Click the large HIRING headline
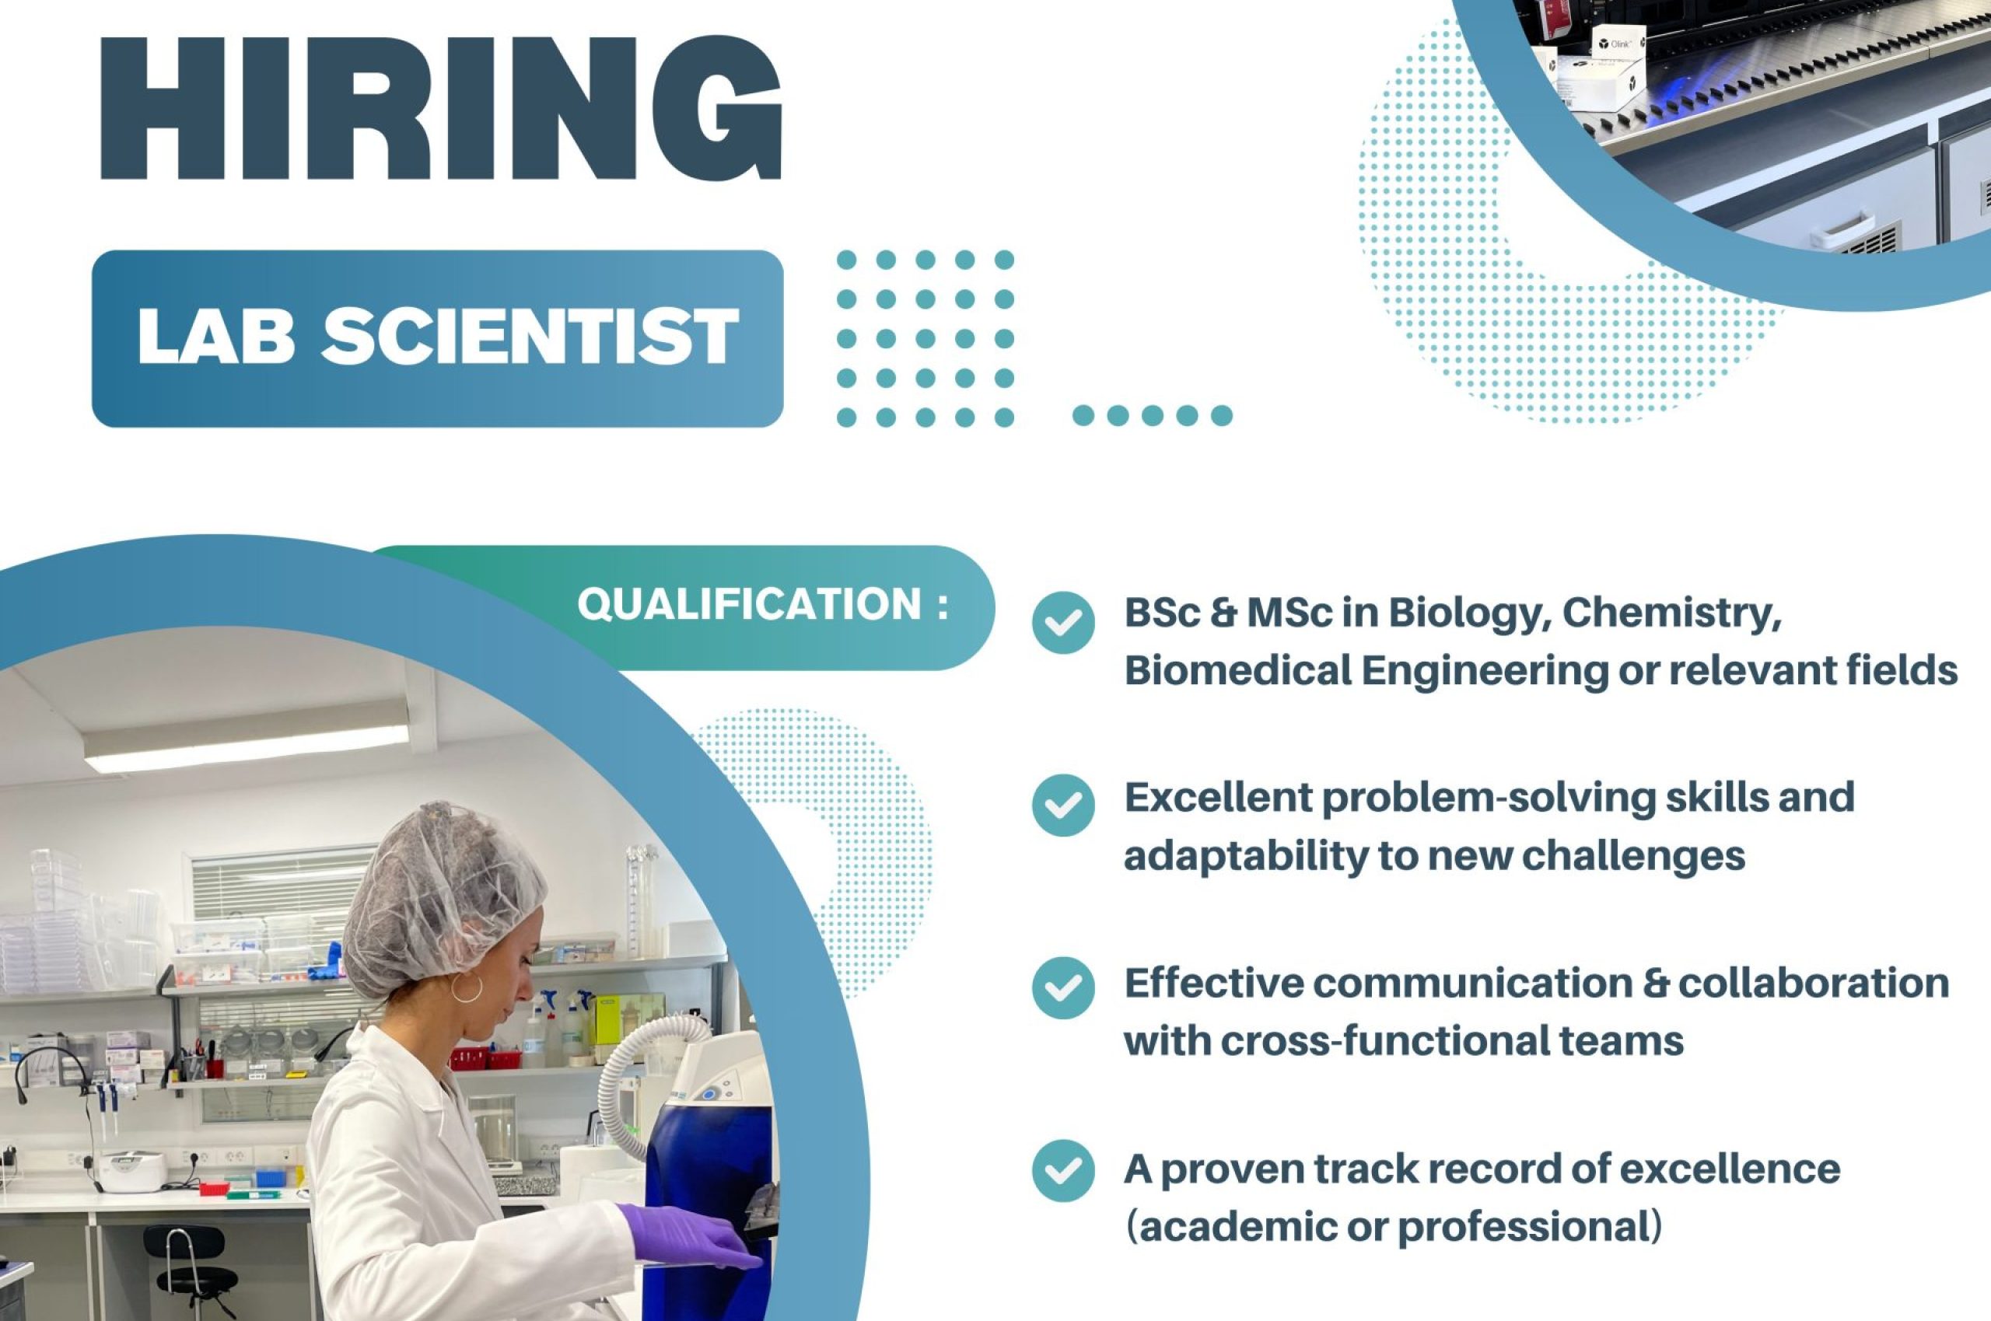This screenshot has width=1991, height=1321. point(442,107)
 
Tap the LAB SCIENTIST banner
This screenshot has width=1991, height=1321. point(437,339)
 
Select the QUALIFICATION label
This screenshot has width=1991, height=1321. point(762,605)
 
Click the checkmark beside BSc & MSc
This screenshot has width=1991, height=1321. point(1063,623)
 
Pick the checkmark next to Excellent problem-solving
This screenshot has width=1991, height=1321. point(1063,806)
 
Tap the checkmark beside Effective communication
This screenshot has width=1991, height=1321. point(1063,988)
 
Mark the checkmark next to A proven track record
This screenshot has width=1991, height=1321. point(1063,1171)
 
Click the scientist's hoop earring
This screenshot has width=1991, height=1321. point(467,987)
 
